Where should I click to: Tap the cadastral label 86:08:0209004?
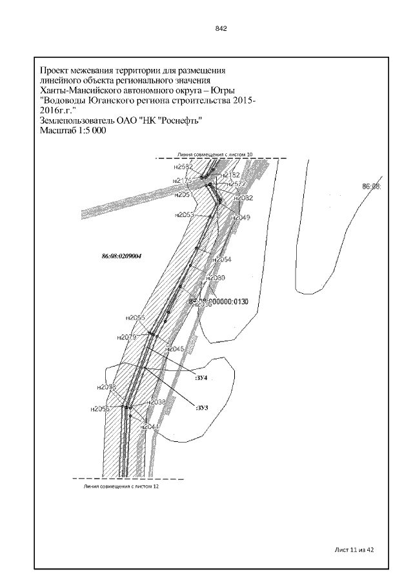121,256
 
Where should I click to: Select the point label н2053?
184,215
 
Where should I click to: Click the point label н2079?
126,337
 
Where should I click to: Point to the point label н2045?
176,349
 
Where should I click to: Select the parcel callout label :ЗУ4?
201,378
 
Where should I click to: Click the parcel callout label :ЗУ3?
202,407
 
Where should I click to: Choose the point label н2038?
157,402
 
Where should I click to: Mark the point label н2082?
243,198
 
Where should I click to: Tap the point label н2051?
184,194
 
